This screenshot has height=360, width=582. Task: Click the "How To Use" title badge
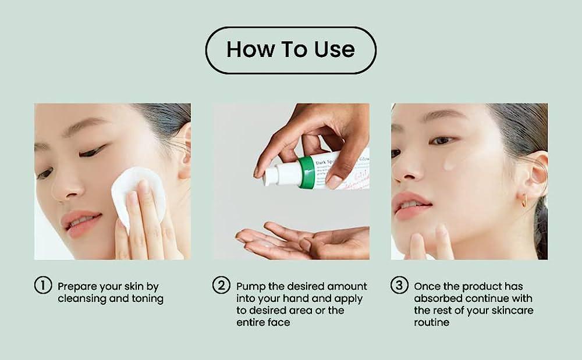[290, 50]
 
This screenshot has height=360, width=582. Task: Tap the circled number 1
[42, 286]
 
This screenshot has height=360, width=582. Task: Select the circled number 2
[221, 286]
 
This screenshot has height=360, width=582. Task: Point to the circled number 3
[399, 286]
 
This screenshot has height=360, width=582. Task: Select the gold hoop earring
[524, 201]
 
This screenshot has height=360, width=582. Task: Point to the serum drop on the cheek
[450, 164]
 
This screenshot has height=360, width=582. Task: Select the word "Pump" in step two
[250, 286]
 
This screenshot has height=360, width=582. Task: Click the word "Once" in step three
[428, 286]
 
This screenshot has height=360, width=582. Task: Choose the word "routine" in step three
[431, 322]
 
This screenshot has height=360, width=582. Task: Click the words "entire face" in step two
[263, 322]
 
